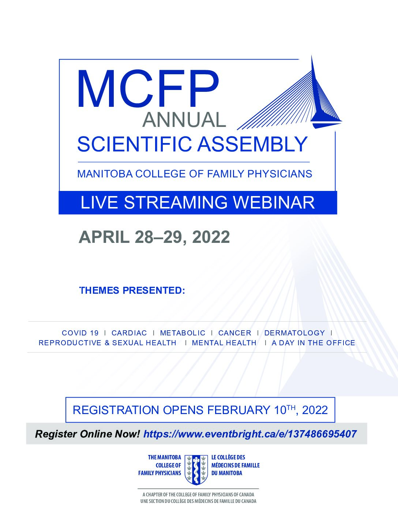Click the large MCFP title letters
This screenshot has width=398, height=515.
(148, 89)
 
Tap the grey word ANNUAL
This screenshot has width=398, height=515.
(184, 120)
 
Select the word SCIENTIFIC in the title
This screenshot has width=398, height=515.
(134, 144)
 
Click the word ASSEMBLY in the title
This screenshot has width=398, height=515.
(252, 144)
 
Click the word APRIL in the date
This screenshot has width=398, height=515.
(104, 237)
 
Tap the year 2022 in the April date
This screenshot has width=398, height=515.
(211, 237)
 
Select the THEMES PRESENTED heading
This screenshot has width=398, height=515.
(132, 290)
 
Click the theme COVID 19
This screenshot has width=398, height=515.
(80, 333)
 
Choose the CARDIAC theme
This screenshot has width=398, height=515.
(129, 333)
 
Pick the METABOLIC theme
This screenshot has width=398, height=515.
(183, 333)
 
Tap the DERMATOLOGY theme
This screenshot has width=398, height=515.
(294, 333)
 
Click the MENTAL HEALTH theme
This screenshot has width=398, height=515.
(224, 343)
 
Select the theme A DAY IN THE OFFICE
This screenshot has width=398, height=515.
(313, 343)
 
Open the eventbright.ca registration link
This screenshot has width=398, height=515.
(250, 434)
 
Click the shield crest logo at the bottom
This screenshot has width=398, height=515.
(196, 470)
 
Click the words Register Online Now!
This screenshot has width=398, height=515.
(87, 434)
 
